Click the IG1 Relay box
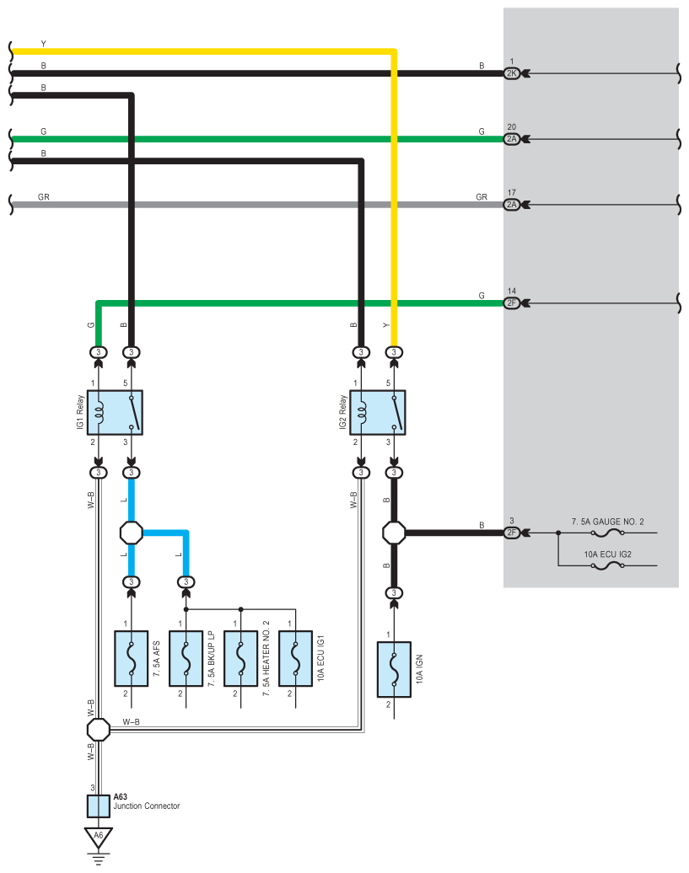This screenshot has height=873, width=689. (x=115, y=413)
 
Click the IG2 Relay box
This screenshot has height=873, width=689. (x=378, y=413)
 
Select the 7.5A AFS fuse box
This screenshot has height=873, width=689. (x=131, y=659)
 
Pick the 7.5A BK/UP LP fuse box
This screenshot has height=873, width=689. (x=186, y=659)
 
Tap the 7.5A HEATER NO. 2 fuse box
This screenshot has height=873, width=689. (x=240, y=659)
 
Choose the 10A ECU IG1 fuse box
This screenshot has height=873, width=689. (x=295, y=659)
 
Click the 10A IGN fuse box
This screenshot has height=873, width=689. (x=394, y=670)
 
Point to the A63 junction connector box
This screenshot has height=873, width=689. (x=99, y=806)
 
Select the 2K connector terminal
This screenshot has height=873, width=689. (x=511, y=73)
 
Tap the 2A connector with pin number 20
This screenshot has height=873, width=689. (x=511, y=139)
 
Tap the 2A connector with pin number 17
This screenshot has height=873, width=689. (x=511, y=205)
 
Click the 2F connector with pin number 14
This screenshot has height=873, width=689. (x=511, y=303)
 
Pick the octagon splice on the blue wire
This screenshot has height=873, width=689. (x=132, y=533)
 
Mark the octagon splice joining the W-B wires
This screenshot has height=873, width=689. (x=99, y=730)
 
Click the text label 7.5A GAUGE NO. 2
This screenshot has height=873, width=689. (x=607, y=522)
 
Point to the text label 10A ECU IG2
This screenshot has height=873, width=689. (x=607, y=554)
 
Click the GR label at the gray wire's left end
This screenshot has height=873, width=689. (x=44, y=197)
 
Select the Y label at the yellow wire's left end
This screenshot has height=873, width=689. (x=44, y=44)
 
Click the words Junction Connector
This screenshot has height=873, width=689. (x=147, y=806)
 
